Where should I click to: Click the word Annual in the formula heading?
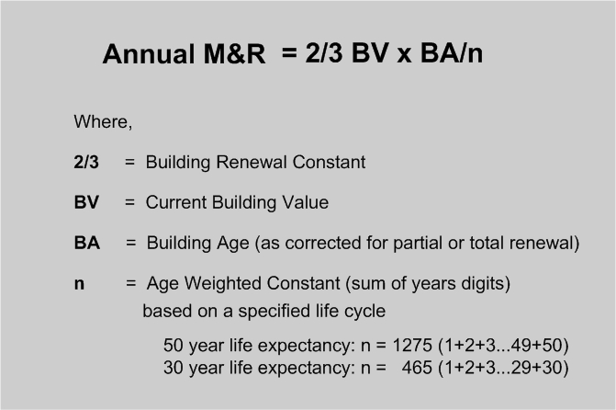coord(149,53)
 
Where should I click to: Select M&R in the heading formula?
coord(234,53)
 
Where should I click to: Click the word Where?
coord(103,122)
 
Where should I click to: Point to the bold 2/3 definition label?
coord(86,162)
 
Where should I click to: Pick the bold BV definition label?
coord(86,202)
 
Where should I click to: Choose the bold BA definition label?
coord(87,243)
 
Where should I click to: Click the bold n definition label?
coord(79,284)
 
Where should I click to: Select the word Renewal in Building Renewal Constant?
coord(252,162)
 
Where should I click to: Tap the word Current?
coord(176,202)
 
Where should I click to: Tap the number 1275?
coord(412,346)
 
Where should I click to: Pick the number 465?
coord(417,368)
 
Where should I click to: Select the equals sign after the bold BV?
coord(129,202)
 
